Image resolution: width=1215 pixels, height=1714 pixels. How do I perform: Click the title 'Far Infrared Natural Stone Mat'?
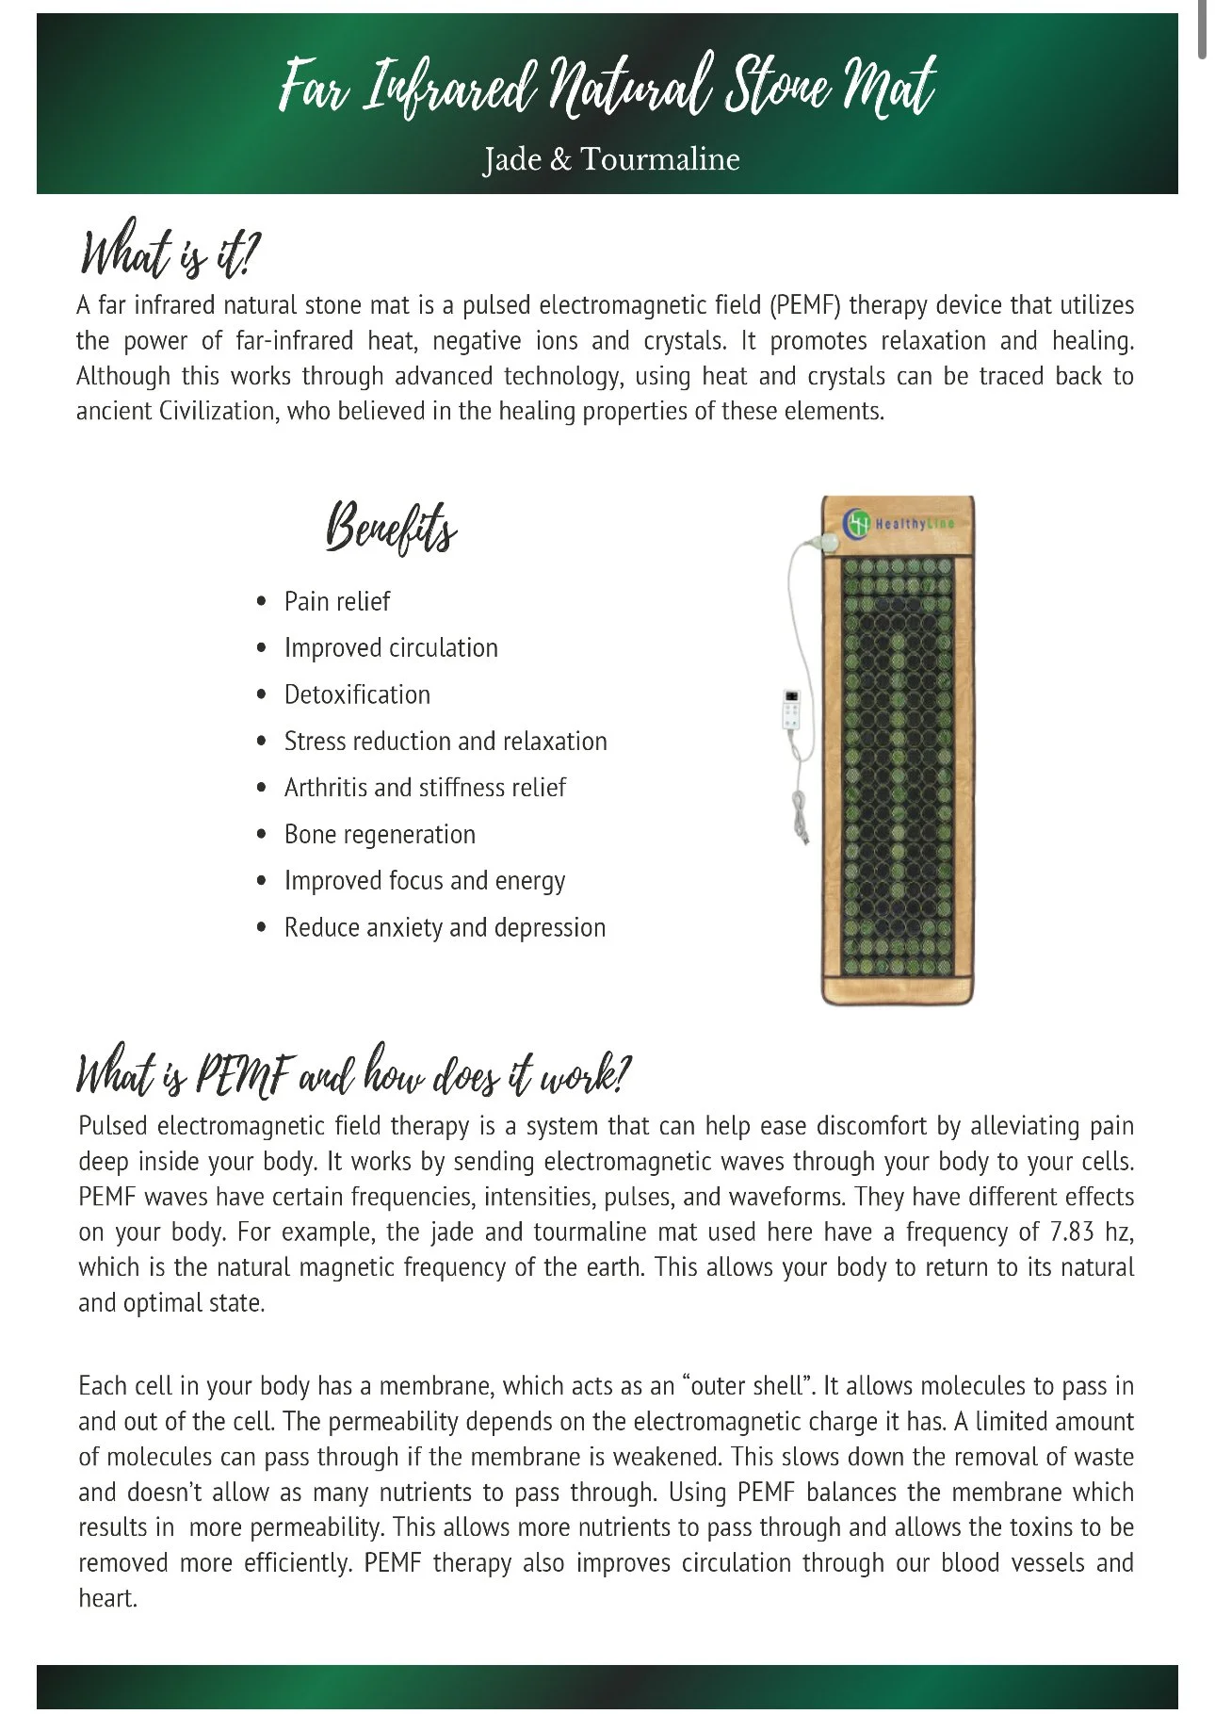coord(607,87)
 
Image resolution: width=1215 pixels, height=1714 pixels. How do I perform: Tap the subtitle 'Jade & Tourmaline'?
coord(611,159)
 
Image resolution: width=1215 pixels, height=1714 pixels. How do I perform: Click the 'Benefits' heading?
coord(391,528)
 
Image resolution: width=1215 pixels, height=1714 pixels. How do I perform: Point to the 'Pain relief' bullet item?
coord(336,601)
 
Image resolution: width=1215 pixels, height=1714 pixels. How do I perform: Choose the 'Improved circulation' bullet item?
coord(391,648)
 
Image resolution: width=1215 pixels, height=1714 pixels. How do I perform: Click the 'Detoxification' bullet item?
coord(357,694)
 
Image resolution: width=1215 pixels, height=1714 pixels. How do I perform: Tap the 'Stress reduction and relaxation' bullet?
coord(445,742)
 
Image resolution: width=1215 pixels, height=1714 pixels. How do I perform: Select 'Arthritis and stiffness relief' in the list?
coord(425,788)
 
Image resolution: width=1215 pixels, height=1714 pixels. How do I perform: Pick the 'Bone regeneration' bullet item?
coord(380,835)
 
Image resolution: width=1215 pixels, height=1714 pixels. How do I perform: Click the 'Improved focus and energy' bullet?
coord(425,881)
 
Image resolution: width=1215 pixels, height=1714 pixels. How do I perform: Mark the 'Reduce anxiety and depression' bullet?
coord(445,928)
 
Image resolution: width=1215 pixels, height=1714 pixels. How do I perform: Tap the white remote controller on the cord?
coord(794,712)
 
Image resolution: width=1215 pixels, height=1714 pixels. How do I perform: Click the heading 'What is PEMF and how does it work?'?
coord(352,1072)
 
